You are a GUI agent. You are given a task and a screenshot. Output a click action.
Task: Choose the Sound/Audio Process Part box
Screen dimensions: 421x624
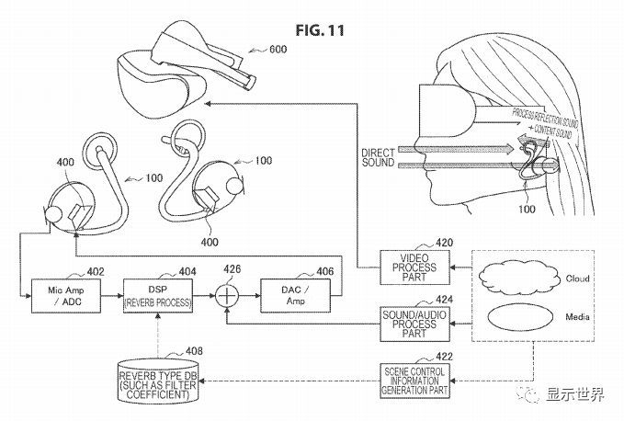[411, 323]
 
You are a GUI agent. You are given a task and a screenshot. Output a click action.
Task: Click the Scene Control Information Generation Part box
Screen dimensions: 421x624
[415, 377]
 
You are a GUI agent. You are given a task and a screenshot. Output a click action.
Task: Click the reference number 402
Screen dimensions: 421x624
[96, 272]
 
